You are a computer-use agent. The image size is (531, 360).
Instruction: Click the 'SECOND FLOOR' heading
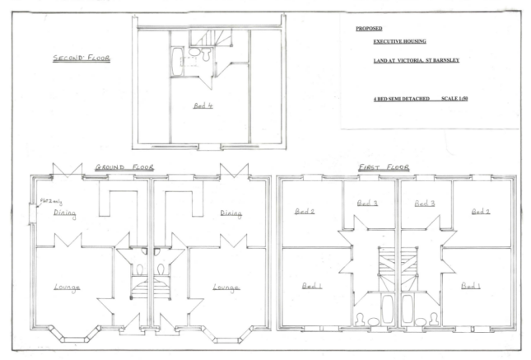point(81,58)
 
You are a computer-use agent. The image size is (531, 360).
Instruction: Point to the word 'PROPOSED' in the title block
point(368,29)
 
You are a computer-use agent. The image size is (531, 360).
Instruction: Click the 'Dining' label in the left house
point(65,213)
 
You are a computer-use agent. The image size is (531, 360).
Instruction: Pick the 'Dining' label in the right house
point(231,214)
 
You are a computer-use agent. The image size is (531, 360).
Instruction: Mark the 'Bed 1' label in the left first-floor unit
point(311,286)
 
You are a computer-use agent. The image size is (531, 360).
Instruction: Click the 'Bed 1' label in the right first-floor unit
point(470,286)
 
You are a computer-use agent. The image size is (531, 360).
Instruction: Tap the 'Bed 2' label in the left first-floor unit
point(305,212)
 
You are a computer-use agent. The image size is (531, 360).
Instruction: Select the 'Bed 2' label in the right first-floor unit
point(481,212)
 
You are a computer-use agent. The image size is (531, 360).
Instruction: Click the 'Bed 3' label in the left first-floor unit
point(367,203)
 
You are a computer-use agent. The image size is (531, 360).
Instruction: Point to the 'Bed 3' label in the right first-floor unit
point(425,203)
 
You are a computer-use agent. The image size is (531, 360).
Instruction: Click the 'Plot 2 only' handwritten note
point(46,202)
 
